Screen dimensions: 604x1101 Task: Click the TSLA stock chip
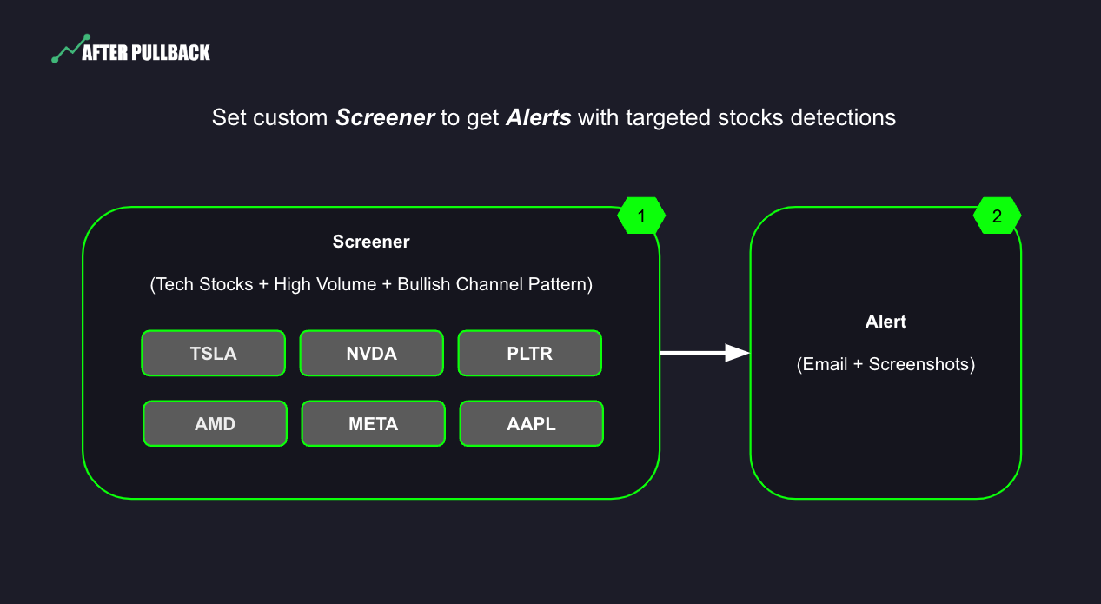point(213,354)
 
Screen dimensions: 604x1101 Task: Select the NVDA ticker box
point(371,354)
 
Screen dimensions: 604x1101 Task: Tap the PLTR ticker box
point(529,354)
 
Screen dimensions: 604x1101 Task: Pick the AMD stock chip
point(215,424)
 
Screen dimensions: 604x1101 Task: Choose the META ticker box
point(373,424)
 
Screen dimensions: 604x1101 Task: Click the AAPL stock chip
point(531,424)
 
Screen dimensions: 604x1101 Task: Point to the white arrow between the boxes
point(705,353)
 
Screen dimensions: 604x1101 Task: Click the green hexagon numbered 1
point(641,216)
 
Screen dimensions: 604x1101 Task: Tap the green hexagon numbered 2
point(997,216)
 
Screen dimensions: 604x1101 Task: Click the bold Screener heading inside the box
point(371,242)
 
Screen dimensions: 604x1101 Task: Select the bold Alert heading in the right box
point(885,322)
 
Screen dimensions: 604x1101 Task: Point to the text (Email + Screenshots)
point(885,364)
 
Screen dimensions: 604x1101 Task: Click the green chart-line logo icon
point(70,50)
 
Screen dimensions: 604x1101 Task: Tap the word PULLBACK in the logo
point(170,53)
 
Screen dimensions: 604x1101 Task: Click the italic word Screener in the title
point(385,117)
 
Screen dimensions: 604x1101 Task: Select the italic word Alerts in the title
point(539,117)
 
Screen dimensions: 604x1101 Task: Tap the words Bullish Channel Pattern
point(493,285)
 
